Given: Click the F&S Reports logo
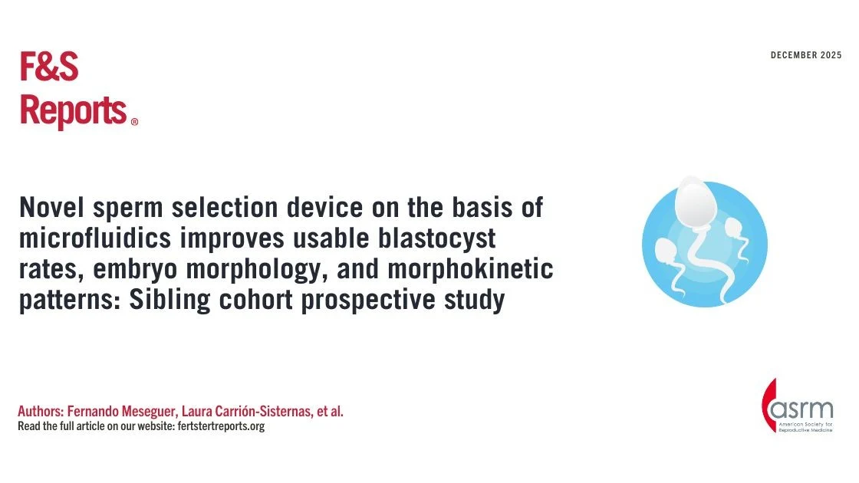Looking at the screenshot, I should coord(73,90).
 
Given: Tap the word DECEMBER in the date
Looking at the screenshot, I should coord(795,56).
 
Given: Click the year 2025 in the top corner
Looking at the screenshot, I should coord(831,56).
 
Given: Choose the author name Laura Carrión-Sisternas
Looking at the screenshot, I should coord(245,412).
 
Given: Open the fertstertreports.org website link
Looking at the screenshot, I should coord(220,426).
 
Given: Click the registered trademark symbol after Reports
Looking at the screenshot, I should coord(135,122).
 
